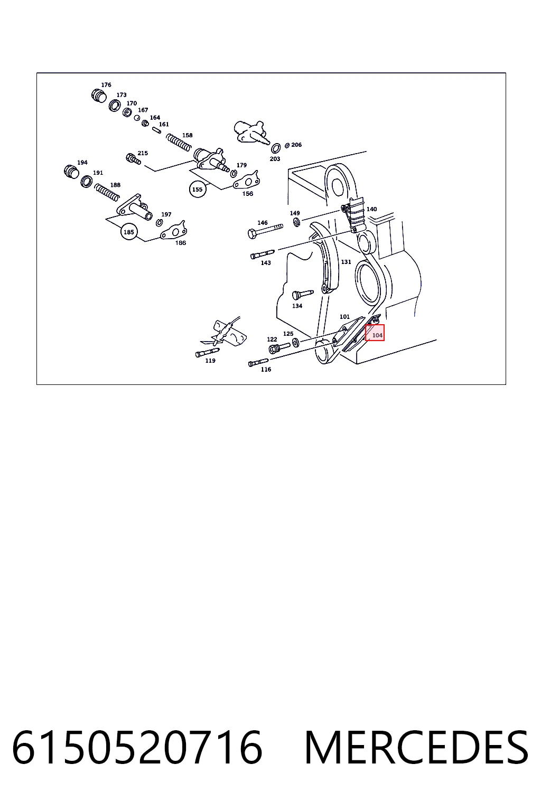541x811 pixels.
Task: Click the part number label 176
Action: coord(106,84)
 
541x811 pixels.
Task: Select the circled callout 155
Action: coord(198,190)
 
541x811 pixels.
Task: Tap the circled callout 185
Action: coord(129,232)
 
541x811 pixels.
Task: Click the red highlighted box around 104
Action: coord(375,333)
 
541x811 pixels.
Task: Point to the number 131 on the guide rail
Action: coord(346,262)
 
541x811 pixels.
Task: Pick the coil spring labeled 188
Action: coord(107,192)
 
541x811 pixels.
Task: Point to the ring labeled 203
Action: coord(276,148)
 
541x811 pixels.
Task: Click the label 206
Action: coord(296,145)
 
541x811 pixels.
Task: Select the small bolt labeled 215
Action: coord(133,159)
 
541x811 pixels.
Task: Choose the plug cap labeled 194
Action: coord(71,172)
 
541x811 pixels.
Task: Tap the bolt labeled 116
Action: coord(258,362)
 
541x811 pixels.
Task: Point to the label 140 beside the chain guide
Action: coord(372,209)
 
